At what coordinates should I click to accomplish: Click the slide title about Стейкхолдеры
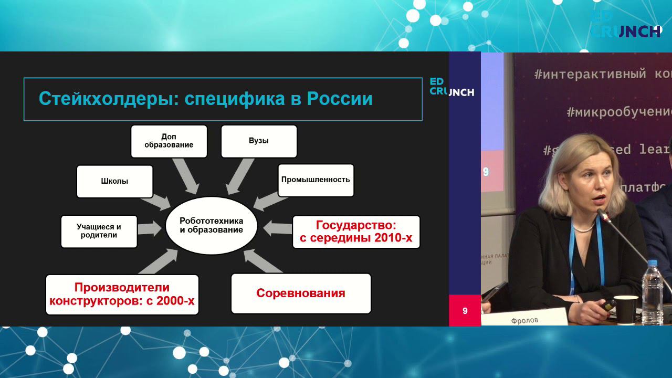(206, 99)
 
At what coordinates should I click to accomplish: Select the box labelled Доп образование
(169, 141)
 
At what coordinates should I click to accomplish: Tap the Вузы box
(259, 141)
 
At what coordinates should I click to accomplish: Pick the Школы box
(114, 181)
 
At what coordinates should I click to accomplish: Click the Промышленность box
(316, 180)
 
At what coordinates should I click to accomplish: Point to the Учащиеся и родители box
(99, 231)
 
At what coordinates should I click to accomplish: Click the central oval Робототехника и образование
(211, 225)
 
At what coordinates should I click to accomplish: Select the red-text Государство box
(355, 232)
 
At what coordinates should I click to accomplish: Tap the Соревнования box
(301, 293)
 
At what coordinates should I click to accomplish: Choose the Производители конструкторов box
(122, 294)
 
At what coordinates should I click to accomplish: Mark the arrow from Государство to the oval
(277, 228)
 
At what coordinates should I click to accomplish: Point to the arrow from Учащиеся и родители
(150, 228)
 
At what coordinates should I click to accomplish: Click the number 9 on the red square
(465, 311)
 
